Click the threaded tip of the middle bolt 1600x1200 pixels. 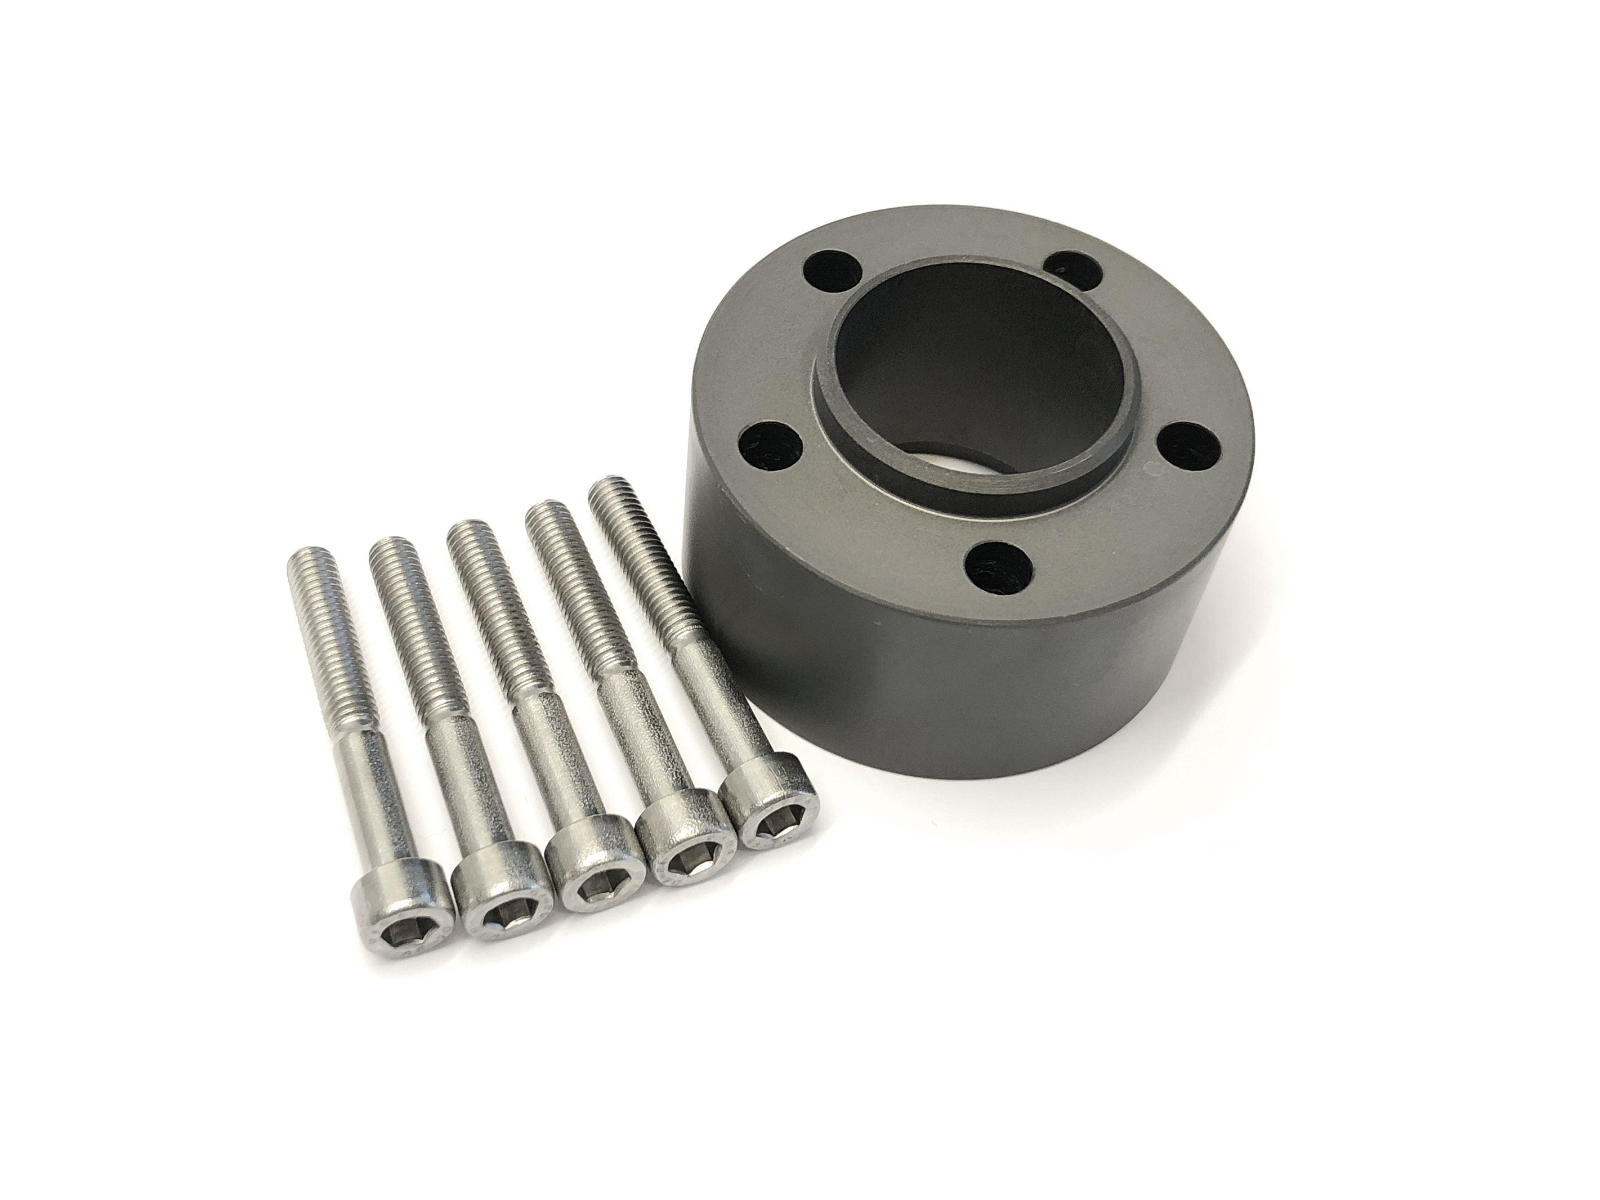[470, 536]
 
